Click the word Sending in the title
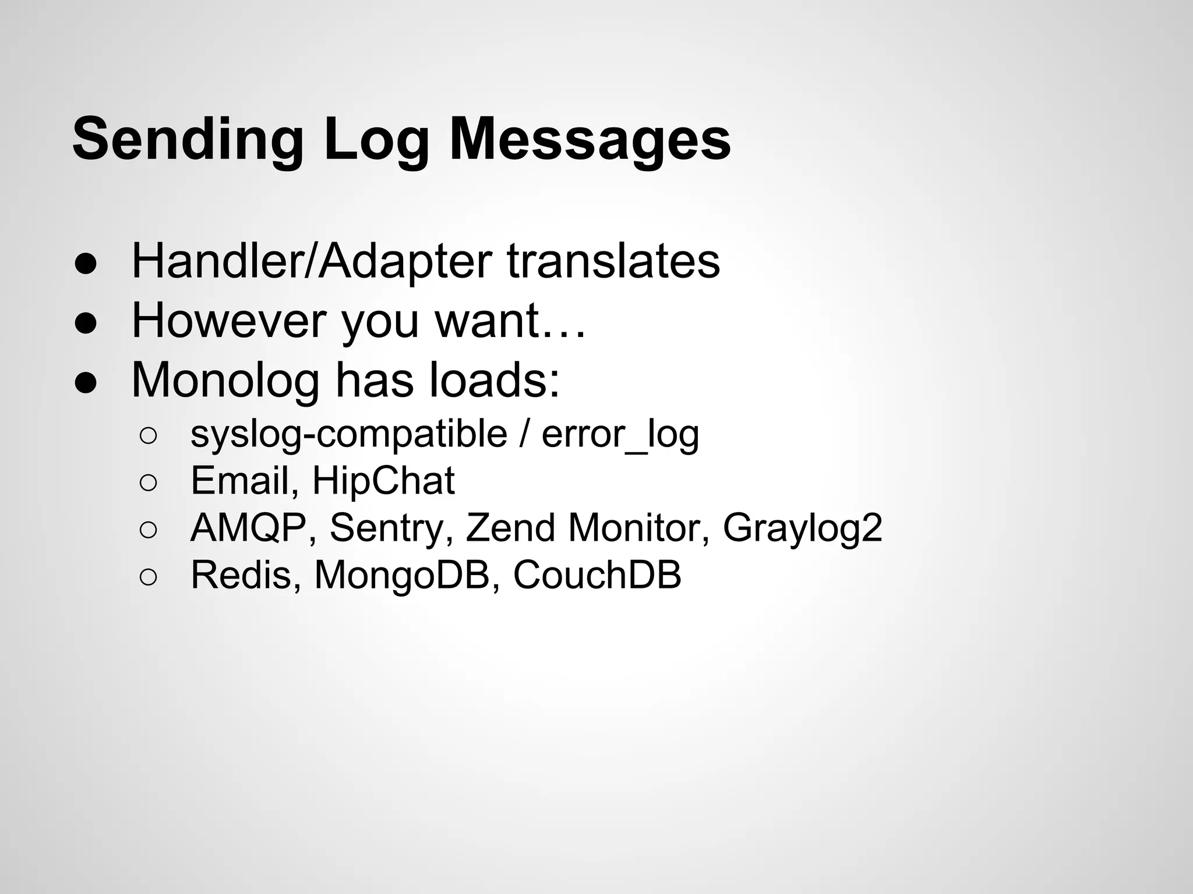(188, 140)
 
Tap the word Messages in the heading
(590, 140)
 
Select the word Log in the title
(376, 140)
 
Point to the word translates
(613, 261)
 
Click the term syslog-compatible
(349, 434)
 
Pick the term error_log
(620, 434)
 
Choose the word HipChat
(383, 481)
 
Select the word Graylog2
(802, 528)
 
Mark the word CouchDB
(597, 575)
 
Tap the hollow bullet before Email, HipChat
(148, 483)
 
